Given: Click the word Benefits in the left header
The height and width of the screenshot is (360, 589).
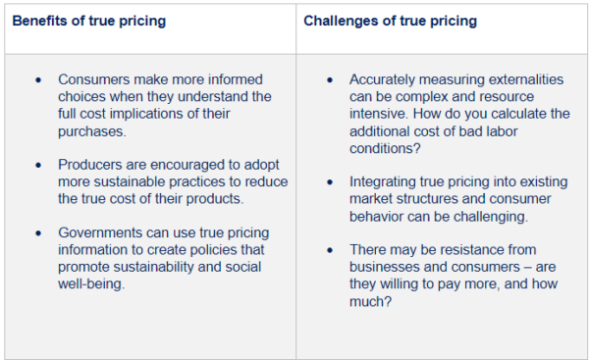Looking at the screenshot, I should click(x=40, y=21).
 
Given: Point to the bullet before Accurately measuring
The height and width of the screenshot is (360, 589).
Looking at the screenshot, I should click(x=329, y=79).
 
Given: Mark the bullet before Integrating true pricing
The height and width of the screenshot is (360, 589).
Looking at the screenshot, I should click(x=329, y=181).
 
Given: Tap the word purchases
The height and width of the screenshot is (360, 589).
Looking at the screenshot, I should click(x=93, y=129).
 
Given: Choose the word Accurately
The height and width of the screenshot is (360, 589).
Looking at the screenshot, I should click(x=387, y=79).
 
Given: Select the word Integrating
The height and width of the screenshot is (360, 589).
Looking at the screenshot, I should click(x=387, y=181).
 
